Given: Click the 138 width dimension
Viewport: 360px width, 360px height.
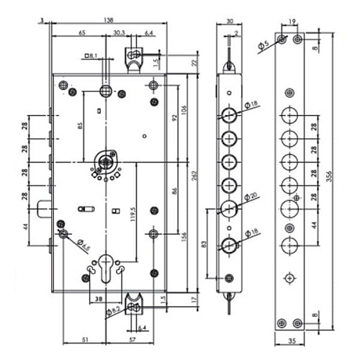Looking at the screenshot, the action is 109,20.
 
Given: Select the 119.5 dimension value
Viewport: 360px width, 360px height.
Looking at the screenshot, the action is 133,214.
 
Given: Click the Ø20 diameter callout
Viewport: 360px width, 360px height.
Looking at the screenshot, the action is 251,197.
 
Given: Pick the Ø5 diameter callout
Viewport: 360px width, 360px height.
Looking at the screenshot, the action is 264,45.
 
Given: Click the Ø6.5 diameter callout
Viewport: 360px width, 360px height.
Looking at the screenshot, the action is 84,245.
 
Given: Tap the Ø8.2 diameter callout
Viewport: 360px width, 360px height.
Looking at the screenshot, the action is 113,311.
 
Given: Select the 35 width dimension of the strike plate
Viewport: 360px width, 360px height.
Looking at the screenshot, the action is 292,341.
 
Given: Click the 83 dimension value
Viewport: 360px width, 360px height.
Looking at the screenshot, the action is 204,244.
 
